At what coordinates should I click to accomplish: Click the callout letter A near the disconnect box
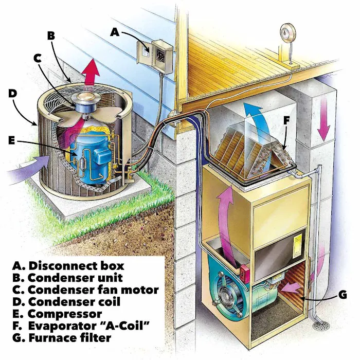coord(115,32)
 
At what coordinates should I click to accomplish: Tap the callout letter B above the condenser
coord(51,35)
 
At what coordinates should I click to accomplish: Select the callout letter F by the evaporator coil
coord(286,120)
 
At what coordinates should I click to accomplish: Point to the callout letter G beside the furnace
coord(343,295)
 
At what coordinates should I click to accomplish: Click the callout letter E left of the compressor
coord(12,140)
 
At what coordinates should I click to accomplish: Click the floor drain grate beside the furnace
coord(321,326)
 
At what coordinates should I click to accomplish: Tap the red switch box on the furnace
coord(244,274)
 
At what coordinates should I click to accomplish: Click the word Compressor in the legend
coord(65,314)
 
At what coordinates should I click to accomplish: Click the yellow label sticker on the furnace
coord(298,246)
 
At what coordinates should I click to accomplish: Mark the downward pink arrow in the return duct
coord(323,119)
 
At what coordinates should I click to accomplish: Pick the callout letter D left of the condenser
coord(13,93)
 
